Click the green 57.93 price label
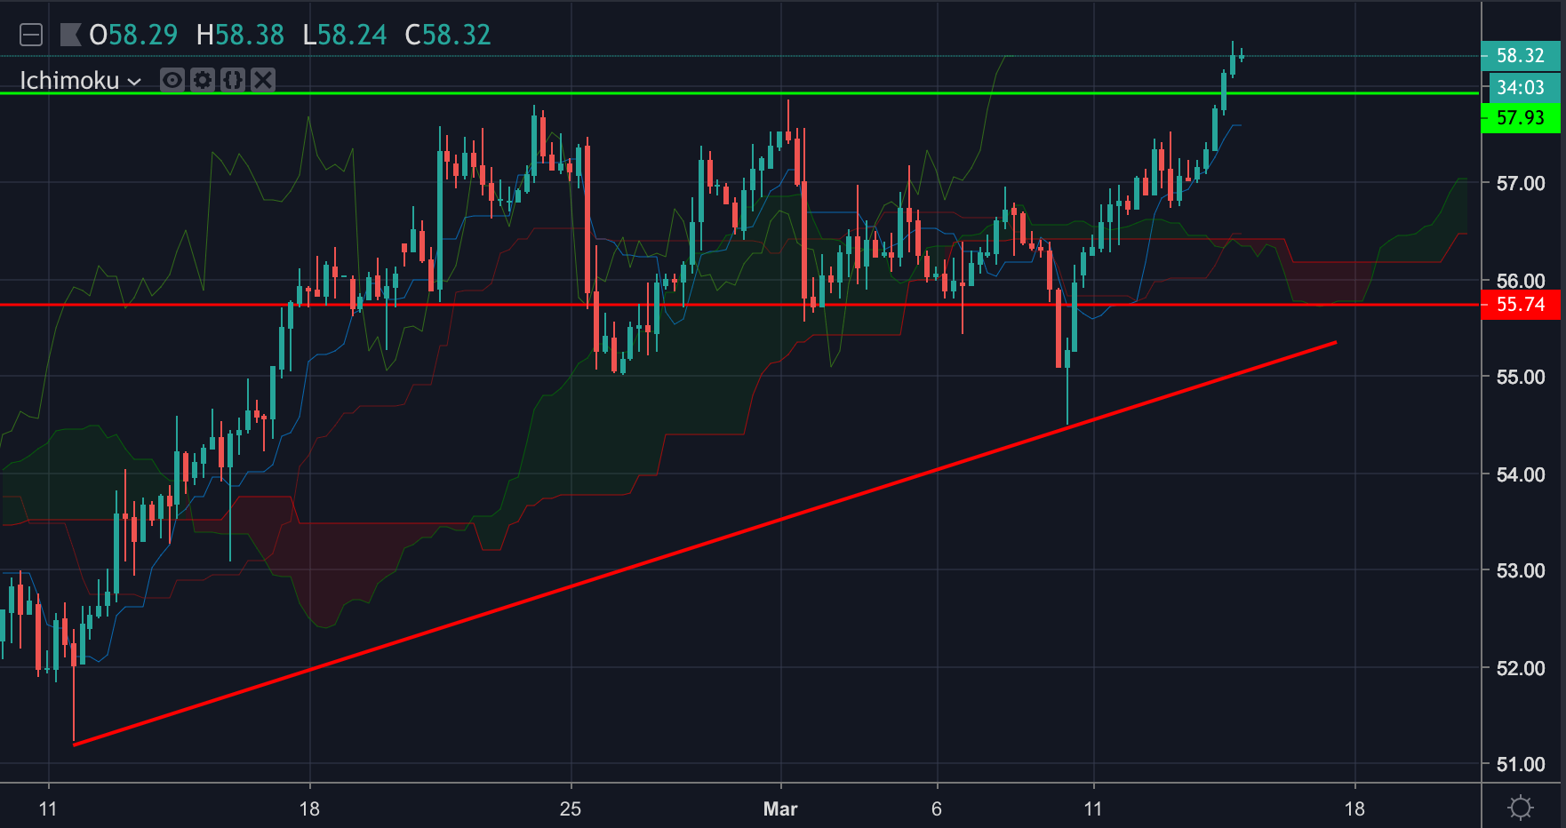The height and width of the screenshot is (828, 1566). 1520,117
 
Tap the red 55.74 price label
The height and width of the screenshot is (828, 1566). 1520,305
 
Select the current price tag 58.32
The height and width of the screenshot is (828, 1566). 1520,55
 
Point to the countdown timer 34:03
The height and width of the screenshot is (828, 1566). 1520,87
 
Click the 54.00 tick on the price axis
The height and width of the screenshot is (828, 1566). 1520,474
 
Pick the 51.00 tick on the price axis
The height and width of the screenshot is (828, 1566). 1520,764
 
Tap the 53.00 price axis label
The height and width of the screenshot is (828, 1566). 1520,570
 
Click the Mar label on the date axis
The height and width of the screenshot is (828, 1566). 780,808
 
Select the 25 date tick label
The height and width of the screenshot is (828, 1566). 571,808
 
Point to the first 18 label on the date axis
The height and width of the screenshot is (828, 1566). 309,808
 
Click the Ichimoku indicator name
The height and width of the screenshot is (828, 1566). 69,81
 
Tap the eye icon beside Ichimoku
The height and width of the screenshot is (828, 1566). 172,80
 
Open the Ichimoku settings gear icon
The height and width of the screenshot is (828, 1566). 203,80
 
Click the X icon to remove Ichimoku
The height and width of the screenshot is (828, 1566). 263,80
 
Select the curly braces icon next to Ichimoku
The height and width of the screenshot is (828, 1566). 233,80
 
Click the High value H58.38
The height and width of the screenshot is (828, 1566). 240,35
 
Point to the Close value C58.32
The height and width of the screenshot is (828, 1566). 448,35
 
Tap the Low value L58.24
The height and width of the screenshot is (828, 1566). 345,35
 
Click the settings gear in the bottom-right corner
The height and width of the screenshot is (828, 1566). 1521,808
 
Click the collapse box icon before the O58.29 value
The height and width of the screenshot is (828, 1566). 31,35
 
